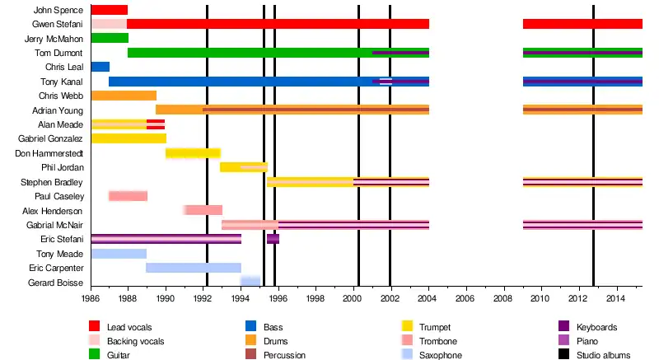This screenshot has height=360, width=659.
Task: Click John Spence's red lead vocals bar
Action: coord(109,10)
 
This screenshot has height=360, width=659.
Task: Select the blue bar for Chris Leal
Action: coord(100,67)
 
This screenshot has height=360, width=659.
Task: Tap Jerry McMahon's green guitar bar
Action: coord(109,38)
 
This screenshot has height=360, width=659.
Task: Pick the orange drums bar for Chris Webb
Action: coord(124,96)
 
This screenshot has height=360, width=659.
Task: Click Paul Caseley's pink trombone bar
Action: coord(128,196)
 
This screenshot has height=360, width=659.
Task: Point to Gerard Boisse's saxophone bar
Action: coord(250,282)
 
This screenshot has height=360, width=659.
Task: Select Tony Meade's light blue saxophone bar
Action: coord(119,254)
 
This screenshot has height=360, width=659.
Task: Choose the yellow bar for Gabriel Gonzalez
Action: coord(129,138)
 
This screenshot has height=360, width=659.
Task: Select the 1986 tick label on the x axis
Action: coord(91,298)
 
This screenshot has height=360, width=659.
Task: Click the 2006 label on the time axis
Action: coord(465,298)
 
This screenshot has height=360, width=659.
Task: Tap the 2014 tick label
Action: coord(615,298)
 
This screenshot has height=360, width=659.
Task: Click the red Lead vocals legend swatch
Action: coord(95,327)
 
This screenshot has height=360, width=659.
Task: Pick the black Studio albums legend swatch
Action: coord(564,355)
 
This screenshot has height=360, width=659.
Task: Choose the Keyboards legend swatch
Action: coord(564,327)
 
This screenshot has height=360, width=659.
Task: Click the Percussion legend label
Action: coord(283,355)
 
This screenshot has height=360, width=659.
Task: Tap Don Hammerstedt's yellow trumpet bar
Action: coord(193,153)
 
